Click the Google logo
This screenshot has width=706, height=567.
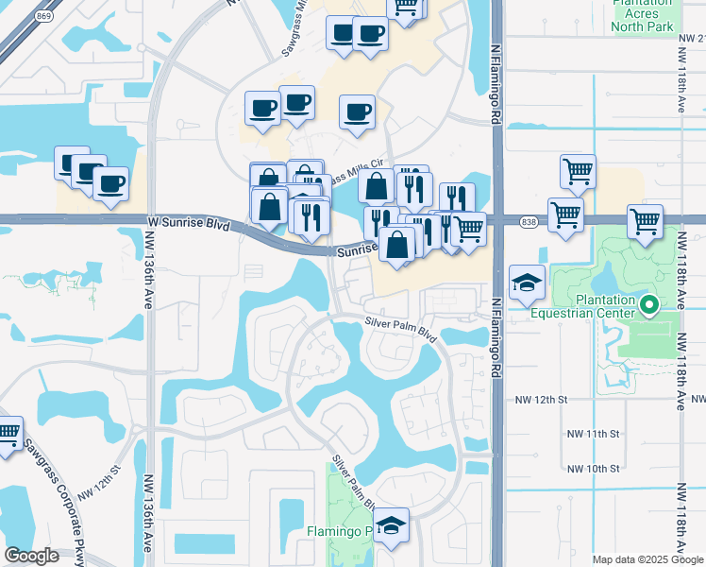[31, 556]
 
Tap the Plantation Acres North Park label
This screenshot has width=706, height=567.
[642, 15]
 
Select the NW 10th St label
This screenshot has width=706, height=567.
[594, 468]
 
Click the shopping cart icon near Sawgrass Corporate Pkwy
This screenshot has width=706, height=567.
[8, 434]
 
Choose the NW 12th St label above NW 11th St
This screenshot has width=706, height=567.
[541, 400]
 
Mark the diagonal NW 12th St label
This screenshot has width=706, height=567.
[100, 480]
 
